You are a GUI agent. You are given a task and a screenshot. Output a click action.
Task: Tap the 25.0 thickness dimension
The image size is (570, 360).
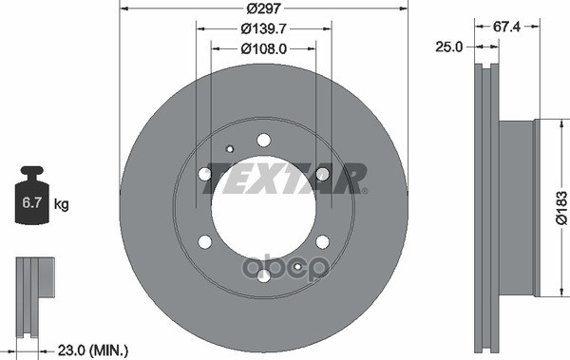(x=449, y=46)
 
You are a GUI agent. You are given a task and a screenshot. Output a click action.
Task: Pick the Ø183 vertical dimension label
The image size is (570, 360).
(x=560, y=208)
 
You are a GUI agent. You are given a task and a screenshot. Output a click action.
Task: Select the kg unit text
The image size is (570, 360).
(x=62, y=204)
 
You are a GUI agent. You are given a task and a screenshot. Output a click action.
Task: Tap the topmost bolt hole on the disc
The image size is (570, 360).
(x=263, y=141)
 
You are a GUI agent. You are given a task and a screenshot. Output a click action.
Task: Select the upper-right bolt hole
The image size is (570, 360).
(x=322, y=174)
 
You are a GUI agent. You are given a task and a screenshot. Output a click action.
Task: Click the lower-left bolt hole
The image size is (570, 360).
(x=205, y=241)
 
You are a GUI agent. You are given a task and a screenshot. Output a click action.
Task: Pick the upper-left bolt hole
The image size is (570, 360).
(x=205, y=174)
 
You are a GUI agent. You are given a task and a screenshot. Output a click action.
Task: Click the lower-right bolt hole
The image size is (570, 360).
(x=322, y=241)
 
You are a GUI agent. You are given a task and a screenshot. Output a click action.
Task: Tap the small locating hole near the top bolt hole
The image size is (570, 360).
(x=230, y=148)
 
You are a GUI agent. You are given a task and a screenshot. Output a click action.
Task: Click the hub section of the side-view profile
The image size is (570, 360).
(x=518, y=208)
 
